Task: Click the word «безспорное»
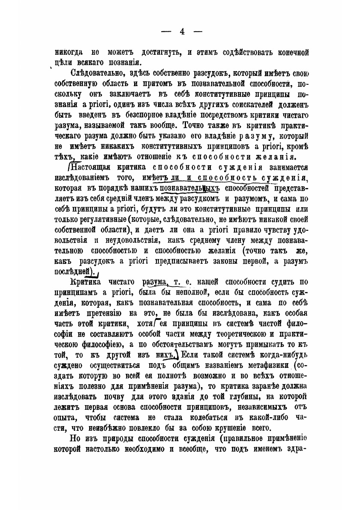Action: [x=123, y=116]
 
